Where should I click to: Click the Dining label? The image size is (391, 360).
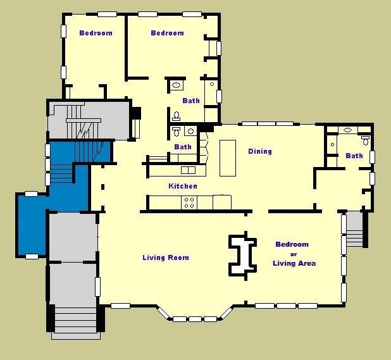260,151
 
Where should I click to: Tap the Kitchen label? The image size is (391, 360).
183,186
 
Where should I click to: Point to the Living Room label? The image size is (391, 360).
166,258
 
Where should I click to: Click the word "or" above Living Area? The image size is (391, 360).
294,254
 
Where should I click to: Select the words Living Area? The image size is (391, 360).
294,263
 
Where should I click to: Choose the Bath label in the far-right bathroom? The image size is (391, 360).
354,156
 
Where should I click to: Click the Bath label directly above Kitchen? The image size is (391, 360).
183,147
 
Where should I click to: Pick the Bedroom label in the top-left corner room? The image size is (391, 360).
96,33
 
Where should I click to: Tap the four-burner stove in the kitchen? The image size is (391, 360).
189,202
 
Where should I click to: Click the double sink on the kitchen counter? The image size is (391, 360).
188,170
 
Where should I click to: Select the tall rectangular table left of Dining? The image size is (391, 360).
228,158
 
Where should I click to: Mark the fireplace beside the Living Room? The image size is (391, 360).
242,256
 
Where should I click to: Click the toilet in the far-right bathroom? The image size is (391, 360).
365,140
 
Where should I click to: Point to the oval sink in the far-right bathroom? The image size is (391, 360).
347,130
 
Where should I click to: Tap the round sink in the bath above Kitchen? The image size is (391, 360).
191,131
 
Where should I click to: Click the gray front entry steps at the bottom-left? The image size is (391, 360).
75,320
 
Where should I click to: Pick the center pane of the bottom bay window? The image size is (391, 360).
195,319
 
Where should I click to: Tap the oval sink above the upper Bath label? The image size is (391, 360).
177,85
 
